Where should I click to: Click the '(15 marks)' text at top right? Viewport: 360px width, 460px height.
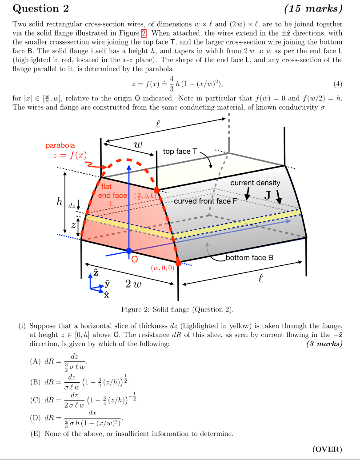(x=313, y=8)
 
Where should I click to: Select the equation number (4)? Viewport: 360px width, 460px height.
(x=338, y=84)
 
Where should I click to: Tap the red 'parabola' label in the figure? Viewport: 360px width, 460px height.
(x=60, y=145)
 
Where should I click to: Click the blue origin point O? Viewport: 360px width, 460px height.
(x=129, y=251)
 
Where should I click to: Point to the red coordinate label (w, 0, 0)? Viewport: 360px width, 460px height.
(x=163, y=268)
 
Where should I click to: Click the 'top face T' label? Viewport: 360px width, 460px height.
(x=180, y=152)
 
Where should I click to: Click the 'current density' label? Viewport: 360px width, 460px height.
(x=255, y=183)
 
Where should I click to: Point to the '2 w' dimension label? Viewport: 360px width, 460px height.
(x=134, y=284)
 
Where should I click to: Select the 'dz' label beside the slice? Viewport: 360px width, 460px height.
(x=71, y=206)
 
